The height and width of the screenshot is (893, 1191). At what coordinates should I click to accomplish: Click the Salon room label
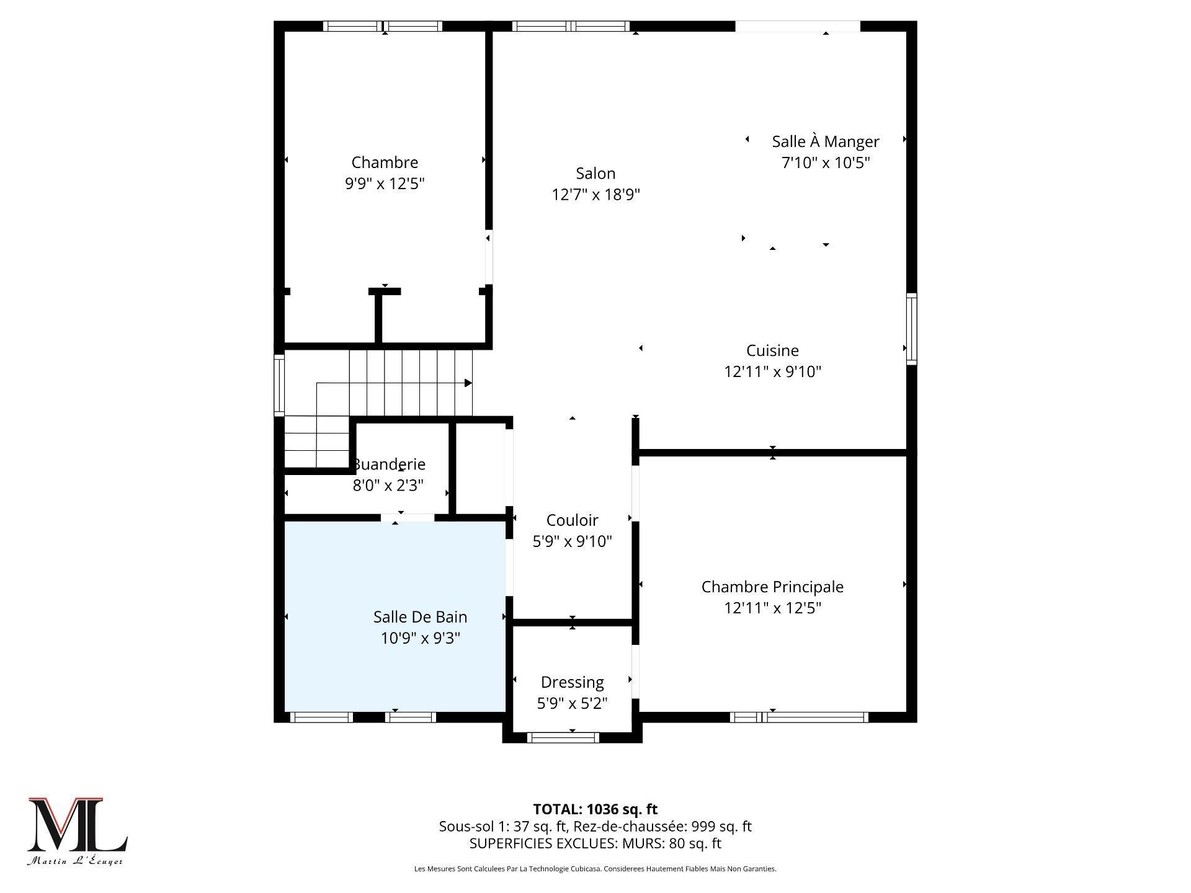tap(595, 174)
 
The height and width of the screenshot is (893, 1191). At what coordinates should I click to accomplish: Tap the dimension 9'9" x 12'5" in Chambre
tap(385, 184)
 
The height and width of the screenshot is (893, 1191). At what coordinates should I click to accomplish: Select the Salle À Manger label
tap(825, 141)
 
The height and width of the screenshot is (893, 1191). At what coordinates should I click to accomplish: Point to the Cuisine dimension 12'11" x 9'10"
tap(772, 371)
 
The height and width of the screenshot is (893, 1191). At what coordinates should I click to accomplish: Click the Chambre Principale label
tap(772, 587)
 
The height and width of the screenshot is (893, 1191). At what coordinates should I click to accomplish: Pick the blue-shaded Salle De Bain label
tap(420, 617)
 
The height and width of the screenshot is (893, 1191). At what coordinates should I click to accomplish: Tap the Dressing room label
tap(572, 682)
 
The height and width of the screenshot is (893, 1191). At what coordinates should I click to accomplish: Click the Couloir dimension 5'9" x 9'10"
tap(572, 541)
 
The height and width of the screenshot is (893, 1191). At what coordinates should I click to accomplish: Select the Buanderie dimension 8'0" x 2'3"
tap(388, 485)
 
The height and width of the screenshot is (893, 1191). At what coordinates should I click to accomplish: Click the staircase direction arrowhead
tap(468, 383)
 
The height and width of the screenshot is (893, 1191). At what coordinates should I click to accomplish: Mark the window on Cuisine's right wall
tap(911, 329)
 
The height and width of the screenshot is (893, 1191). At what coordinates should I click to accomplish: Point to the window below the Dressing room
tap(563, 737)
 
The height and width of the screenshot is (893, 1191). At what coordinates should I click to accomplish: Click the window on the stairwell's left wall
tap(279, 384)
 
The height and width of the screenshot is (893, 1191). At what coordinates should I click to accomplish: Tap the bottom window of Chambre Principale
tap(798, 718)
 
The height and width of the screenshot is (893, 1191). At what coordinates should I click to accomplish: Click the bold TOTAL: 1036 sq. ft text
tap(595, 809)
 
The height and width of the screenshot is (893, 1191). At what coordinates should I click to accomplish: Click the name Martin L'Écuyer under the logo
tap(75, 861)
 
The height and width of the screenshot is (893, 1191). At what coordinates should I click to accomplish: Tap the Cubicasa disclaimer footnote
tap(595, 869)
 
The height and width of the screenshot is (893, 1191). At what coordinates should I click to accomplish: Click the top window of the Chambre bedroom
tap(383, 26)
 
